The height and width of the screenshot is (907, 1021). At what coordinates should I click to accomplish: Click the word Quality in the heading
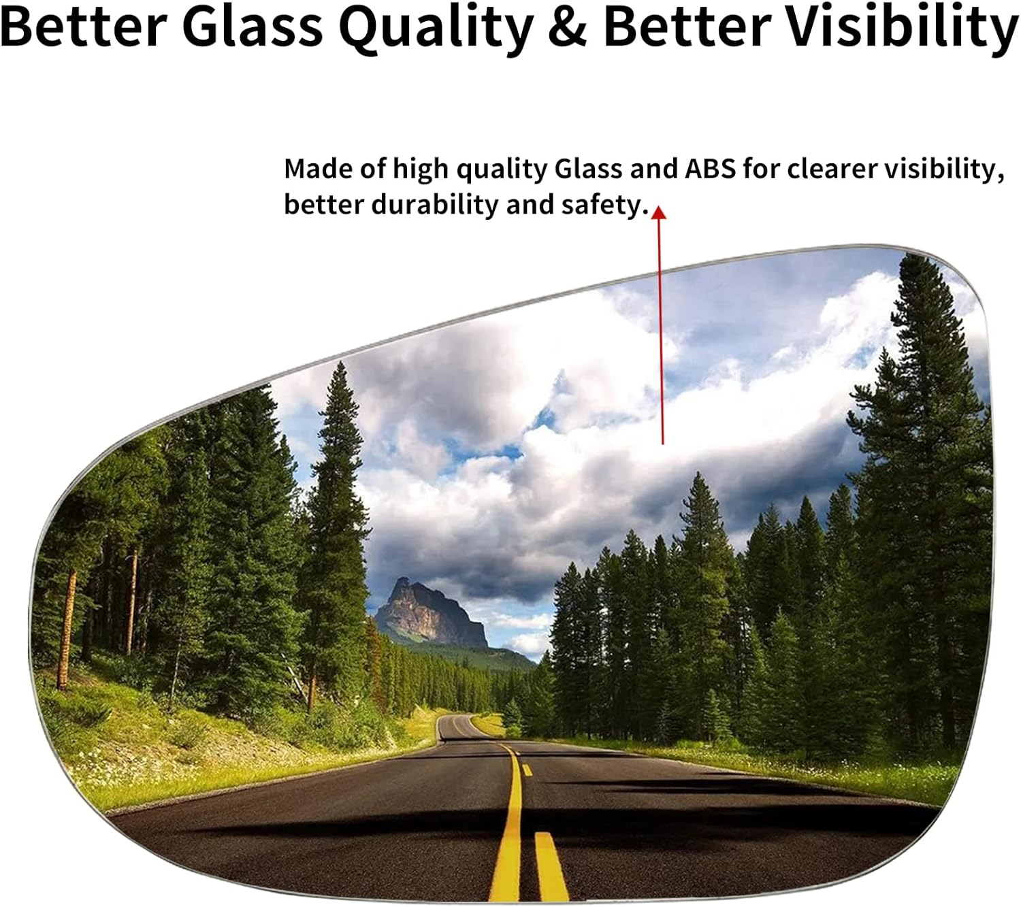(x=436, y=29)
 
